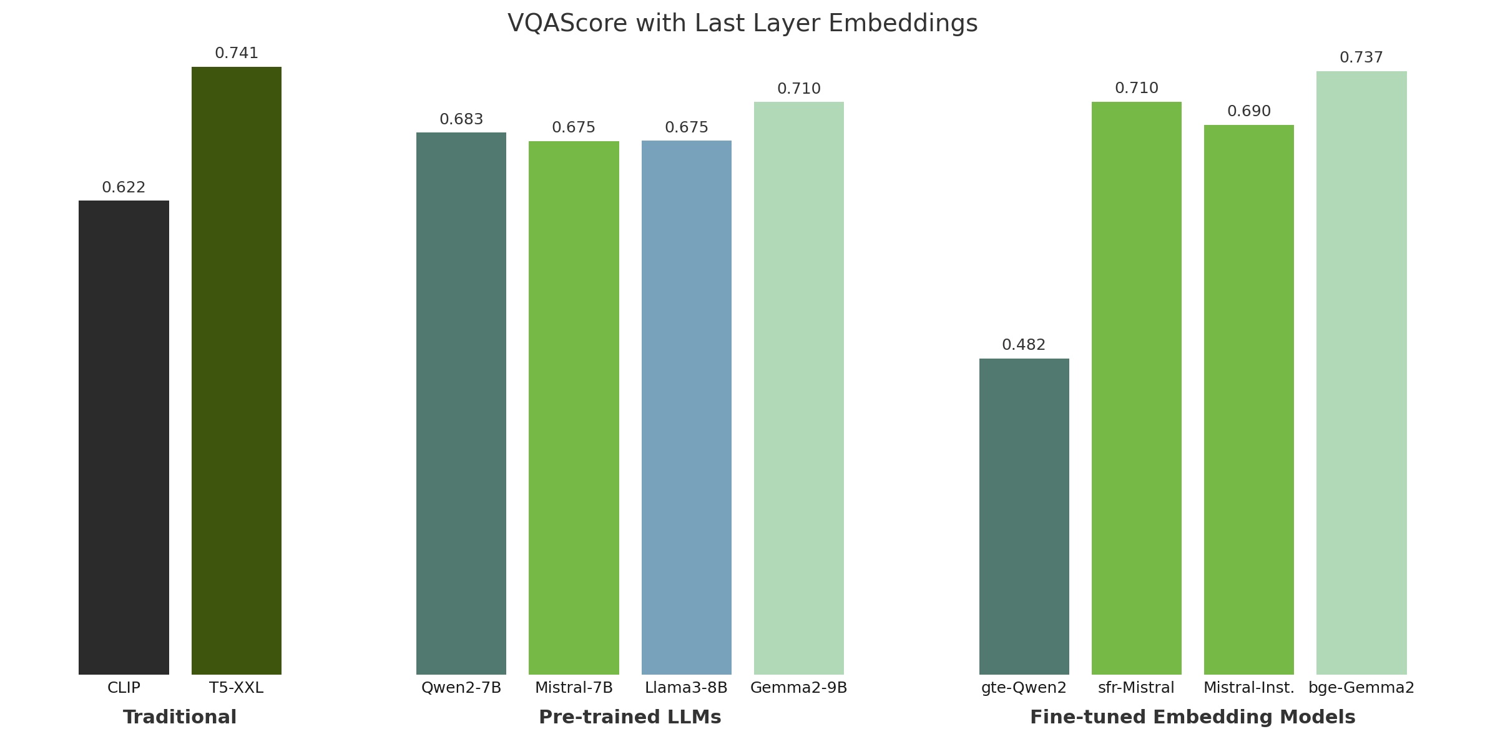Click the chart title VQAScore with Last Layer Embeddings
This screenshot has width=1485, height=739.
pos(742,24)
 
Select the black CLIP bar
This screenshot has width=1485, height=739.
pos(124,437)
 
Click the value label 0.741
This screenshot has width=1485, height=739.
pos(237,54)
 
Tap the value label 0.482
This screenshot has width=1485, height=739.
pos(1024,345)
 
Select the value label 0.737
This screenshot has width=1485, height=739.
pos(1361,58)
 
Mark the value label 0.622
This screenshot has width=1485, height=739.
pos(124,187)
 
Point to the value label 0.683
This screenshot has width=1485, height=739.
pos(461,119)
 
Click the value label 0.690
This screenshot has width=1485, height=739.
pos(1249,111)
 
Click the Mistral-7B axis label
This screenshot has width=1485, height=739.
pos(574,688)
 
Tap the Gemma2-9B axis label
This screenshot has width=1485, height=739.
pos(798,688)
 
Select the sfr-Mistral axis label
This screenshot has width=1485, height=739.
pos(1136,688)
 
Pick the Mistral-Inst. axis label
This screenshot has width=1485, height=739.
pos(1249,688)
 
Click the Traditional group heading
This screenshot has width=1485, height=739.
pos(180,717)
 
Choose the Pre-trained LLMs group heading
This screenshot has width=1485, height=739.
pos(630,717)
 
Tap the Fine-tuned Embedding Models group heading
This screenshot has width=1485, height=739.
pos(1192,717)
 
